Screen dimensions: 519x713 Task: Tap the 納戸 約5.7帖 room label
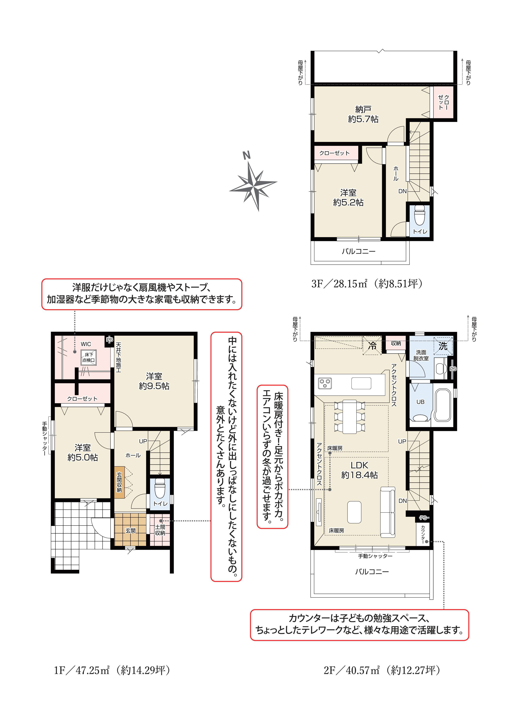363,114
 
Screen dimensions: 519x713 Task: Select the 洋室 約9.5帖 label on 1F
154,381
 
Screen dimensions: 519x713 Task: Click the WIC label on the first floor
86,344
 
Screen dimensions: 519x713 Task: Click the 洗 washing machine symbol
443,346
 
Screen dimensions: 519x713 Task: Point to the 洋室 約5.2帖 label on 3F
348,197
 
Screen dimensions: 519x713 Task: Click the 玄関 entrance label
130,531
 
